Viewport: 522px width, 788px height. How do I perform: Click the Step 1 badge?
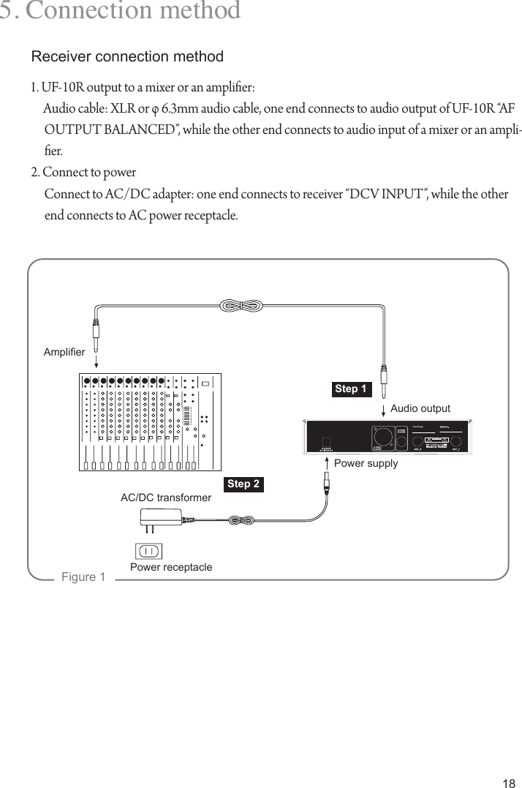click(351, 389)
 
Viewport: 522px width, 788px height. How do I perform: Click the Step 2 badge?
click(243, 484)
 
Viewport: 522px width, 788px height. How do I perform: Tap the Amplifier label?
click(64, 353)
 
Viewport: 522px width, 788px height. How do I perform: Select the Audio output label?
click(420, 408)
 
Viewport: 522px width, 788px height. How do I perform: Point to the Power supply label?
click(366, 463)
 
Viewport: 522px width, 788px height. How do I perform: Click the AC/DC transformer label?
click(166, 498)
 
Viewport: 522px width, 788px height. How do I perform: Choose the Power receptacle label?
click(171, 567)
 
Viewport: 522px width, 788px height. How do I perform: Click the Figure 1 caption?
click(83, 577)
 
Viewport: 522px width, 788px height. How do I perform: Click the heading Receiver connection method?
click(127, 56)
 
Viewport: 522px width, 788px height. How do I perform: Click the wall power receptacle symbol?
click(148, 550)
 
